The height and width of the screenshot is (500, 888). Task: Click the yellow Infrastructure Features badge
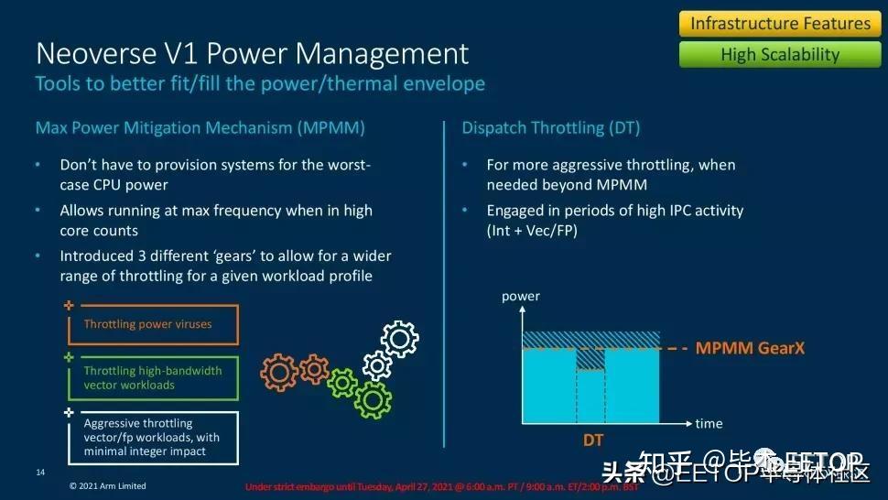[780, 23]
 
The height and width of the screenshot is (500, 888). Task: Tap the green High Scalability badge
[780, 54]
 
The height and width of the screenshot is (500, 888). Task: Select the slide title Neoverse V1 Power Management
[252, 52]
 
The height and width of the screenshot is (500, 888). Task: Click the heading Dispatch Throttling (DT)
[550, 127]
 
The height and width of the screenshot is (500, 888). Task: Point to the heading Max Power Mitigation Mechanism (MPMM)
[200, 127]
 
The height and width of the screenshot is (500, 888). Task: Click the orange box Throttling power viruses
[152, 324]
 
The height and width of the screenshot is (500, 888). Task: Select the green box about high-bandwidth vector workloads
[152, 378]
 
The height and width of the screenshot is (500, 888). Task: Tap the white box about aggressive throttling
[152, 437]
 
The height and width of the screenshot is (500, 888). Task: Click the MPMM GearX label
[750, 348]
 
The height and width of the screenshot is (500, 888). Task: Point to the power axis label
[521, 296]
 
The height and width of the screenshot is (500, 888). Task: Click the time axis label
[709, 423]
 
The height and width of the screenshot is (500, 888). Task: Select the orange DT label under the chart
[593, 440]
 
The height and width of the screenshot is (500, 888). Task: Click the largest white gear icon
[399, 339]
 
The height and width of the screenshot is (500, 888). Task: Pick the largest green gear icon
[373, 398]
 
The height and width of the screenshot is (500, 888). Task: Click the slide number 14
[40, 473]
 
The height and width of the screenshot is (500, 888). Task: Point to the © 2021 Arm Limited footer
[108, 485]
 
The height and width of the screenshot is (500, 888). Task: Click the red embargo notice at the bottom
[439, 486]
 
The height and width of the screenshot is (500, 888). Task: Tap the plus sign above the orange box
[68, 304]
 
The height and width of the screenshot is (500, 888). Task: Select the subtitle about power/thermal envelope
[260, 84]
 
